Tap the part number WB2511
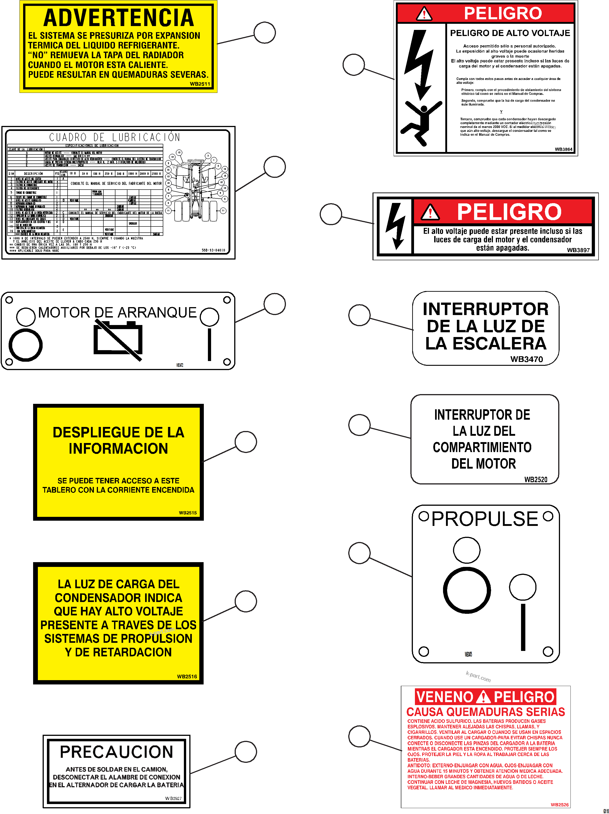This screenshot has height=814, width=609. click(200, 84)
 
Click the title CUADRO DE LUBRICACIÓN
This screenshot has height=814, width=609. click(114, 137)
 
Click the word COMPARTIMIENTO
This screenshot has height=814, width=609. click(482, 447)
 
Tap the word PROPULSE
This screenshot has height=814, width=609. click(485, 519)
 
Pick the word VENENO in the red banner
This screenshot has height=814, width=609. click(445, 697)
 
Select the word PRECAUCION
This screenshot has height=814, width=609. click(116, 752)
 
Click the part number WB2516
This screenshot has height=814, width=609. click(187, 676)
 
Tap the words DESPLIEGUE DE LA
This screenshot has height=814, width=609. click(118, 432)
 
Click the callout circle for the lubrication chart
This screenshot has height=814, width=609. click(275, 167)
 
